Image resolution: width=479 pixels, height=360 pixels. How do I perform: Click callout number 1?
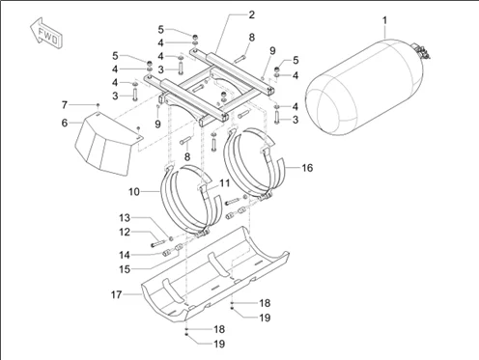pyautogui.click(x=384, y=20)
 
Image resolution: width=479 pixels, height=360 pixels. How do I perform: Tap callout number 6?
pyautogui.click(x=65, y=124)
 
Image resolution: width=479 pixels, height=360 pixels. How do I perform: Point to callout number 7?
pyautogui.click(x=65, y=104)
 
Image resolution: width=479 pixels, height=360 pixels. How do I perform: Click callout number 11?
pyautogui.click(x=224, y=182)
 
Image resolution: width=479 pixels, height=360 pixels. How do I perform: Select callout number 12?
pyautogui.click(x=124, y=232)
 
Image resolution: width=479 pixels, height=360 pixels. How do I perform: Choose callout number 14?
pyautogui.click(x=124, y=255)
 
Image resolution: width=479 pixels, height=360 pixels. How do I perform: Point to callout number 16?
pyautogui.click(x=308, y=167)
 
